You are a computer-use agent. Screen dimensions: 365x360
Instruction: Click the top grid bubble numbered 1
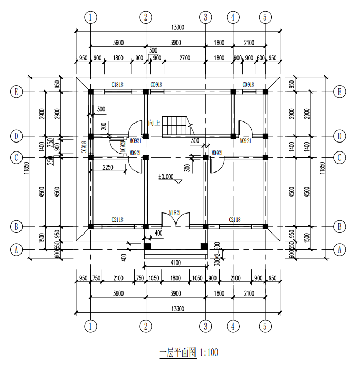(91, 17)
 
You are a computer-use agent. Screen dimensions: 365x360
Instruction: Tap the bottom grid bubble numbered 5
(266, 326)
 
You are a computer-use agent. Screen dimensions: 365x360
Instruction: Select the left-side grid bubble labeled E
(16, 92)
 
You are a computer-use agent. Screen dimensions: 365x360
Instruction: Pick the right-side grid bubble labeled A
(340, 249)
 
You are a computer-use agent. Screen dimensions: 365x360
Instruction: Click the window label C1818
(117, 85)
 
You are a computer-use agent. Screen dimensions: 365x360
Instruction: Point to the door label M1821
(175, 212)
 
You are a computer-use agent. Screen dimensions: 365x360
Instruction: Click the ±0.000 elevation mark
(167, 177)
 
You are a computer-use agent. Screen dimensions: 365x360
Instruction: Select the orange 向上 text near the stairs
(154, 123)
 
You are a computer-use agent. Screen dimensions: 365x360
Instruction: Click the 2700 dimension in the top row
(184, 58)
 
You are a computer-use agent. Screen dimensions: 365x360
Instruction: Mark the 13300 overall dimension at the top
(178, 27)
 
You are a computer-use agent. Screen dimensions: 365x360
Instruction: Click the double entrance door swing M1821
(175, 221)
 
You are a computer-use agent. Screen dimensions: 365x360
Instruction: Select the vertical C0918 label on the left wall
(84, 147)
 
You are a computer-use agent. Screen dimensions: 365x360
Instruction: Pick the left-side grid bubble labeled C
(16, 157)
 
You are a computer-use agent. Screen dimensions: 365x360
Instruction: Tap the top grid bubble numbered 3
(205, 17)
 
